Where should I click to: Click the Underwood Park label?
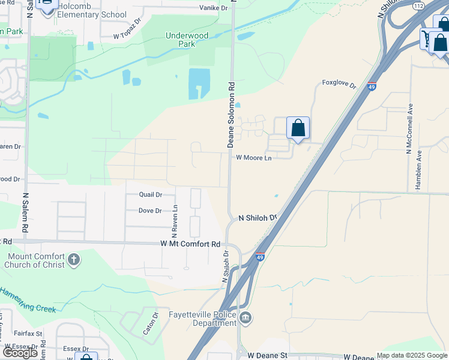(x=187, y=40)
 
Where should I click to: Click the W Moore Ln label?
(x=253, y=158)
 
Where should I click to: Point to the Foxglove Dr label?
(x=339, y=83)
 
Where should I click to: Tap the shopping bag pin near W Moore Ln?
(x=298, y=128)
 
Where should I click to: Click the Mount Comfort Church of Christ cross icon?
(x=73, y=260)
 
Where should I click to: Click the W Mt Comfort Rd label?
(x=191, y=244)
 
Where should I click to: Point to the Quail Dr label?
(x=151, y=194)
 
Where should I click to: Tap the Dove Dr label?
(x=150, y=211)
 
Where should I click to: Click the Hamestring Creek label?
(x=28, y=300)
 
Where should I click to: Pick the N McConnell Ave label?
(x=411, y=128)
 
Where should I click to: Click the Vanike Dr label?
(x=214, y=8)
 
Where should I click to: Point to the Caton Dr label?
(x=154, y=323)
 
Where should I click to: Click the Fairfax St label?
(x=28, y=334)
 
